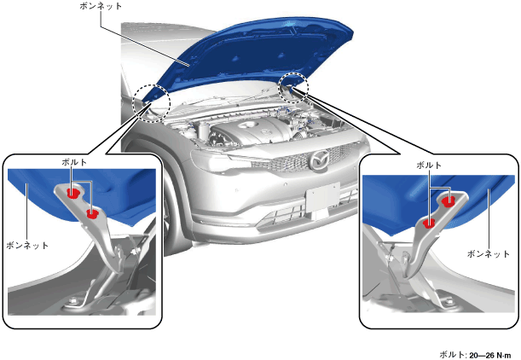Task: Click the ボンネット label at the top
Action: coord(101,6)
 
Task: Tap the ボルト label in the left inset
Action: coord(74,162)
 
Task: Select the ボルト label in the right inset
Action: coord(429,165)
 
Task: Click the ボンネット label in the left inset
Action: coord(27,246)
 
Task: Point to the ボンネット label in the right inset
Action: coord(488,254)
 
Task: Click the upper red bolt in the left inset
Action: coord(72,193)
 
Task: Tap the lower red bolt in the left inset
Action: coord(92,214)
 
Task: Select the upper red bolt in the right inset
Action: coord(449,200)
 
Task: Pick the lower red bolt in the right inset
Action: coord(429,224)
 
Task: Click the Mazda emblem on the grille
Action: coord(318,160)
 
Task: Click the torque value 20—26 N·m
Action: coord(490,356)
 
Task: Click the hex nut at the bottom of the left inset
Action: coord(72,301)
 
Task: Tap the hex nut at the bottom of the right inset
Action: coord(449,302)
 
